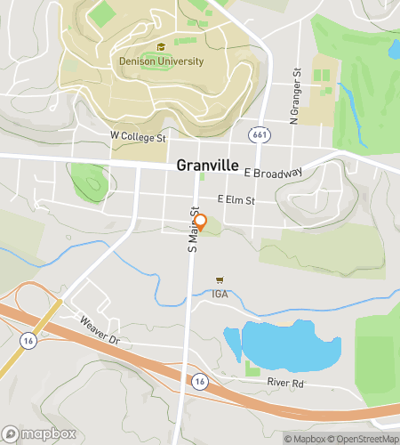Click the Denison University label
click(x=161, y=61)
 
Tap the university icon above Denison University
click(x=161, y=48)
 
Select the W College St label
click(x=138, y=137)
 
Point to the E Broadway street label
click(x=273, y=174)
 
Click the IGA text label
click(x=220, y=293)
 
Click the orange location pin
click(x=200, y=222)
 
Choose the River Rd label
click(x=286, y=383)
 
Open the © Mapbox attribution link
click(x=305, y=438)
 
